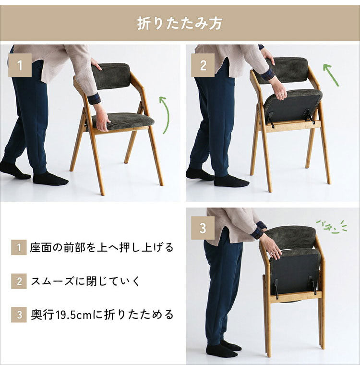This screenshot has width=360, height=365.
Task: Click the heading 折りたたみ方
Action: point(180,23)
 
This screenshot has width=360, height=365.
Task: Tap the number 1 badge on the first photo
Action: point(20,65)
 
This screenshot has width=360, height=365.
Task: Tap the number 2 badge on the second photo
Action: point(203,65)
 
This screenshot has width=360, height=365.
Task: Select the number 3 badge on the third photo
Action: point(203,228)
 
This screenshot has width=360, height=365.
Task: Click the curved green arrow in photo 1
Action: point(165,114)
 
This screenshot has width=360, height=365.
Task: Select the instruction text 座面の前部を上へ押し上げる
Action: point(101,248)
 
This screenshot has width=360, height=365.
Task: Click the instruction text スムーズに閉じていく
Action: point(85,281)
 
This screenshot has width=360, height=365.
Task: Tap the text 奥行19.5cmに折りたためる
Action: point(101,315)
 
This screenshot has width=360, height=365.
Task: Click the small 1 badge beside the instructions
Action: point(19,248)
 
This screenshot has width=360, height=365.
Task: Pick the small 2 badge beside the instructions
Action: point(19,281)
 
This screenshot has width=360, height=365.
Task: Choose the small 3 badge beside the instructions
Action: point(19,315)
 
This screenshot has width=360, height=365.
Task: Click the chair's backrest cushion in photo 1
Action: point(111,75)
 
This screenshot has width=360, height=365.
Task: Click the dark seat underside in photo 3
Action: point(294,274)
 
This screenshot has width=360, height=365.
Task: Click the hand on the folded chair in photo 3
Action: point(272,246)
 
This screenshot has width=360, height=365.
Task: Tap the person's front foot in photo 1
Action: point(49,179)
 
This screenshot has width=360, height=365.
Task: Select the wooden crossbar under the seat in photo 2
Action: point(288,126)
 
